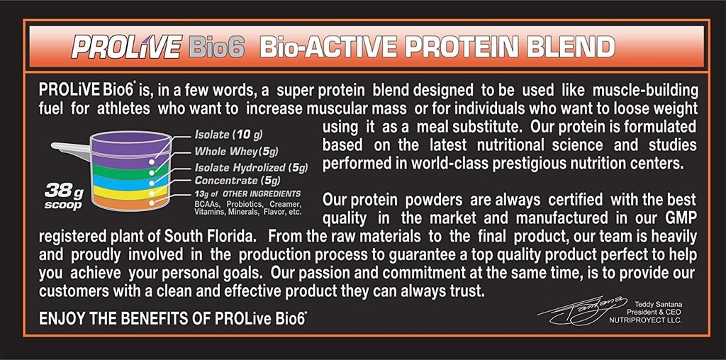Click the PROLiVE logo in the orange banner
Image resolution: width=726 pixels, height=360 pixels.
click(x=125, y=47)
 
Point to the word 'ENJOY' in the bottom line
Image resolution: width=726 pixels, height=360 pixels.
click(x=62, y=318)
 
